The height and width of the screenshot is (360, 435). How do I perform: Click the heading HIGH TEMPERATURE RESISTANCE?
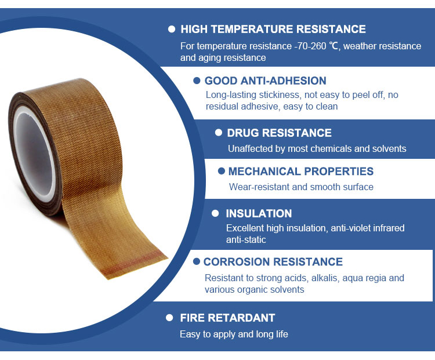[273, 29]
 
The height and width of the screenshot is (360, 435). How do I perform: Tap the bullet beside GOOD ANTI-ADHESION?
[197, 81]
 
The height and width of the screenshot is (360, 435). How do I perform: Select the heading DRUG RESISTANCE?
[279, 133]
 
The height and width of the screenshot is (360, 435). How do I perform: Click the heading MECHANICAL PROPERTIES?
[300, 172]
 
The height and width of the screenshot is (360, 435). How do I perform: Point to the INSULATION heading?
[259, 213]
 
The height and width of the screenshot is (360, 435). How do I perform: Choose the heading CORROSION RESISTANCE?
[273, 262]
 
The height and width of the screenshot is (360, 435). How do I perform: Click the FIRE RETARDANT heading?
[227, 318]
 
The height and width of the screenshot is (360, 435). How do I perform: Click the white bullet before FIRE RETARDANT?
[169, 318]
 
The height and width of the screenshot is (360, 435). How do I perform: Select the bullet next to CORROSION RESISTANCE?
[197, 261]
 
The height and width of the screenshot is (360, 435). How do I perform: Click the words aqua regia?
[364, 278]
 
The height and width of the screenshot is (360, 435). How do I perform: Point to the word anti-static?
[246, 239]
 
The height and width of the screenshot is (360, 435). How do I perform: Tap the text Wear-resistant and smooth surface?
[301, 187]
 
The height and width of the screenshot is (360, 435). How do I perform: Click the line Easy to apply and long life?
[234, 334]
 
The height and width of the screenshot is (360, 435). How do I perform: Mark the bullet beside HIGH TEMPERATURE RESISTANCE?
[172, 29]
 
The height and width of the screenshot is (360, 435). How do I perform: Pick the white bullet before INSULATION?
[215, 213]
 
